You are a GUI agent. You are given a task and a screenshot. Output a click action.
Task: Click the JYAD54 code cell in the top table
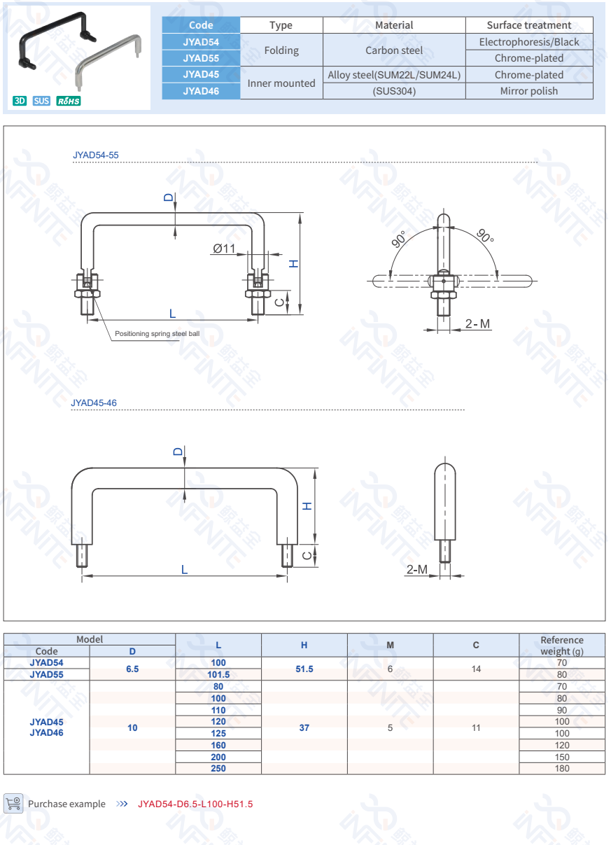[x=201, y=42]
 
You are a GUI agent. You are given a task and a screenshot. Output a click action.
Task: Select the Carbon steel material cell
[x=394, y=50]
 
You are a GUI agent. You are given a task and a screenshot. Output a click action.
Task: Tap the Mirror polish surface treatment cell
[x=529, y=91]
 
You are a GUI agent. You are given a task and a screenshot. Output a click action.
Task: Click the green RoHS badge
[x=69, y=101]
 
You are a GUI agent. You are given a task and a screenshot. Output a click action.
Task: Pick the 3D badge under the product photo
[x=20, y=101]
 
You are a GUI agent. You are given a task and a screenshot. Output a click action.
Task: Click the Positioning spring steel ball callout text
[x=157, y=334]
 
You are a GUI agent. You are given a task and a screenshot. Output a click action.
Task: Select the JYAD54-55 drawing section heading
[x=91, y=155]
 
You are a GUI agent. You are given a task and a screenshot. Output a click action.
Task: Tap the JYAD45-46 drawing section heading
[x=94, y=403]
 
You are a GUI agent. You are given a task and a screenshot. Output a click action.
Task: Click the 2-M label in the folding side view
[x=478, y=323]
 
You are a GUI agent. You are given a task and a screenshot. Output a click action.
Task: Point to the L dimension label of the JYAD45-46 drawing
[x=185, y=570]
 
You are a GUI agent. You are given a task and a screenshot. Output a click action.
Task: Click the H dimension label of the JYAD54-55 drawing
[x=294, y=263]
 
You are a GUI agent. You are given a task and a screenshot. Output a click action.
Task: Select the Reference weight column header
[x=561, y=645]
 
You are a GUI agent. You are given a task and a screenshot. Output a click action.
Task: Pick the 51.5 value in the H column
[x=304, y=669]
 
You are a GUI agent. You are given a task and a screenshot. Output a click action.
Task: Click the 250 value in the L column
[x=218, y=769]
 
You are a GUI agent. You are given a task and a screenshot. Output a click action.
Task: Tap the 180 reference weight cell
[x=561, y=769]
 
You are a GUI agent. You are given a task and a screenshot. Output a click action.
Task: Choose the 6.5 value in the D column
[x=132, y=669]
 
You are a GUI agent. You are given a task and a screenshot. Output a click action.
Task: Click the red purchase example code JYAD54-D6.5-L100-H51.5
[x=195, y=804]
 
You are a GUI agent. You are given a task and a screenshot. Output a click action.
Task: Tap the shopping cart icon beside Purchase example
[x=13, y=803]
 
